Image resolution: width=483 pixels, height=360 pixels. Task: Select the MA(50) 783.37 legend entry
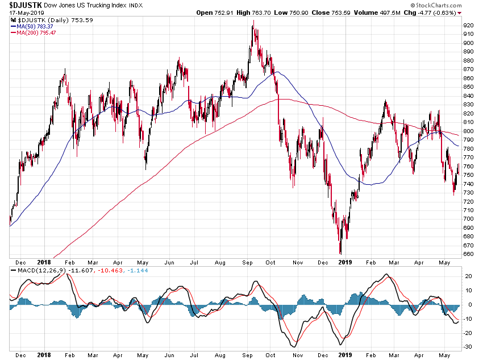point(34,26)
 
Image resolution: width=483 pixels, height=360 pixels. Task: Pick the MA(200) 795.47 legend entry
point(36,32)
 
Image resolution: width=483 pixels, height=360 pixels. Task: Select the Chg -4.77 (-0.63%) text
point(432,13)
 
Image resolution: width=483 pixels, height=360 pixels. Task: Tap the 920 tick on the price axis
point(469,26)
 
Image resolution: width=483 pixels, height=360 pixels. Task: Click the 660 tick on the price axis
point(469,254)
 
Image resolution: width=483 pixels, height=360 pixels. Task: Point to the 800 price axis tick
point(469,131)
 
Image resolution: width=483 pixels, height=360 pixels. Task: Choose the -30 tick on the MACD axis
point(468,347)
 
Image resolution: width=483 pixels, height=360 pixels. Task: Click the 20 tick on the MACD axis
point(469,276)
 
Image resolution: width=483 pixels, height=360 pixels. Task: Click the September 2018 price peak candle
point(253,22)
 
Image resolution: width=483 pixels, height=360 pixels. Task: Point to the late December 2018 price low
point(340,253)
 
